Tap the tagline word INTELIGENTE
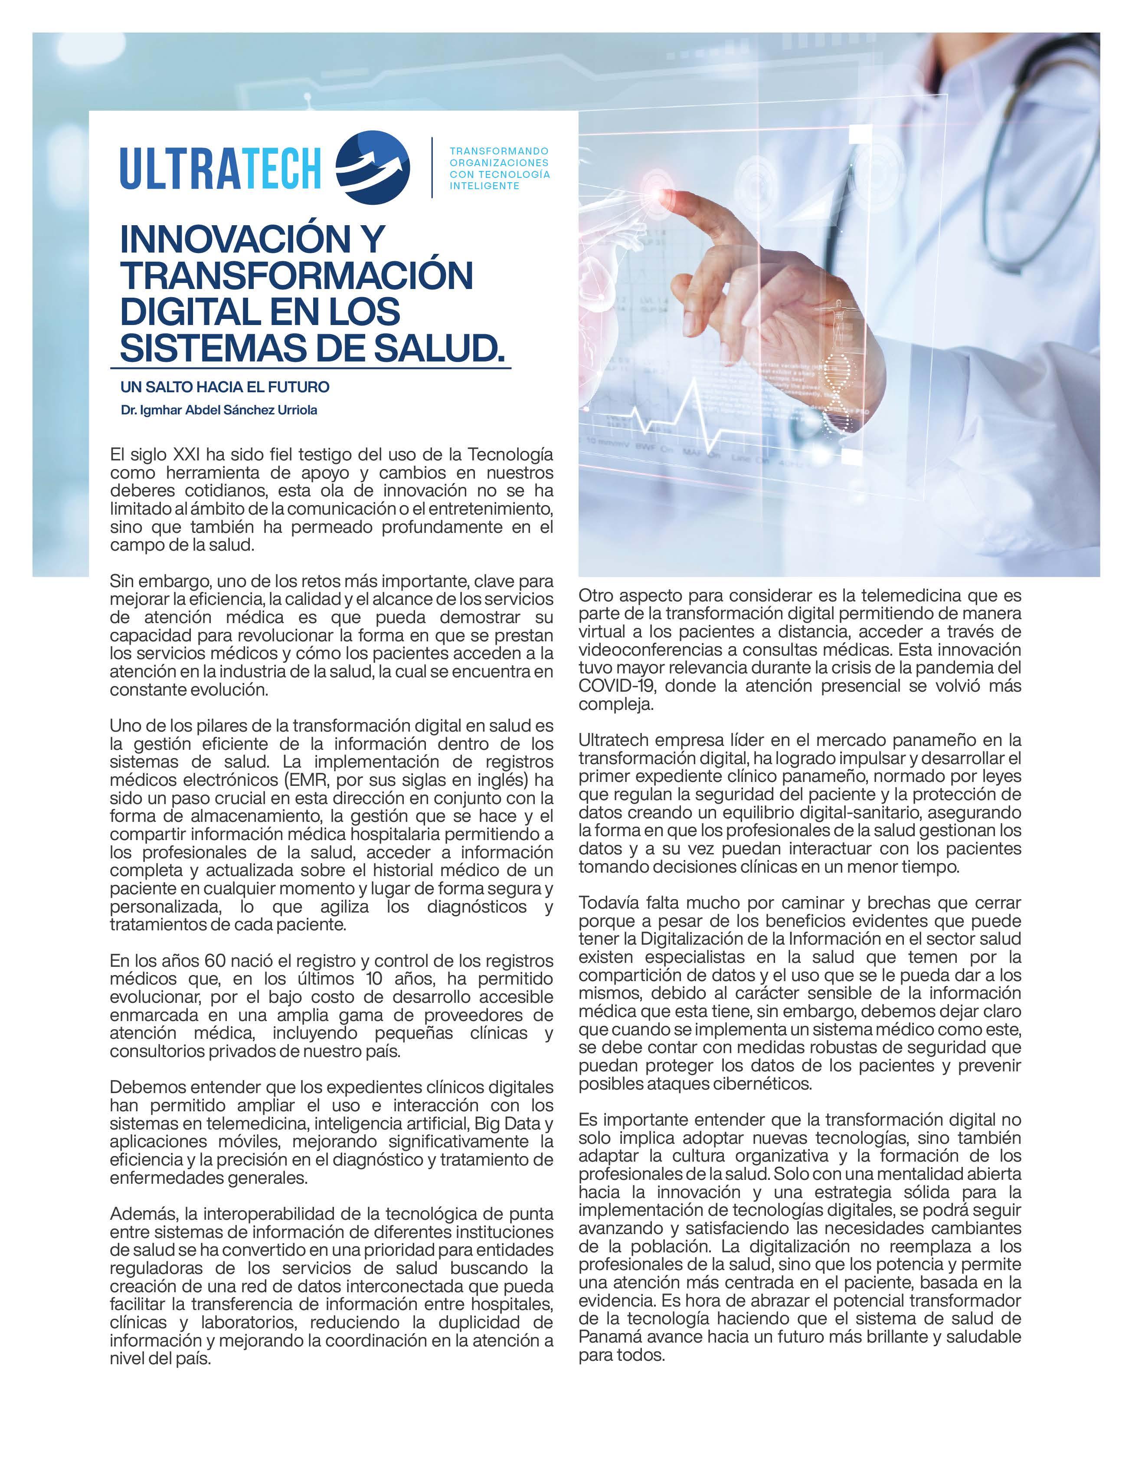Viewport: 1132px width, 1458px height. pyautogui.click(x=484, y=186)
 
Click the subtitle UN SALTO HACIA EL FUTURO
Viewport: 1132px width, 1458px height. pyautogui.click(x=225, y=387)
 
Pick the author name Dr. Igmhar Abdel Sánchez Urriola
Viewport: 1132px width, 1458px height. pyautogui.click(x=219, y=410)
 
